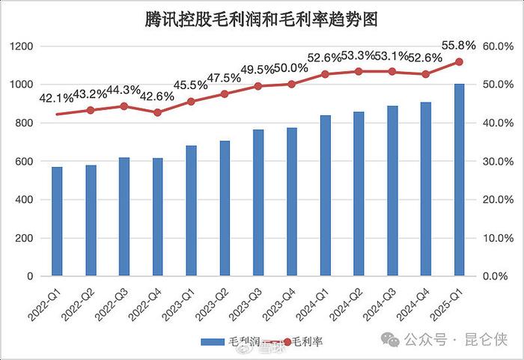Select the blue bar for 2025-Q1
(460, 180)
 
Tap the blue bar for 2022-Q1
(57, 222)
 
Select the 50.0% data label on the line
(290, 68)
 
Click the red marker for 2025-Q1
(460, 62)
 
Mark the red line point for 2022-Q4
(157, 112)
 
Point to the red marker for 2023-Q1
(191, 101)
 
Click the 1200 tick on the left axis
(22, 46)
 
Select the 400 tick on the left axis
(25, 200)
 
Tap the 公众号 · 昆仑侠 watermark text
(457, 341)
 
